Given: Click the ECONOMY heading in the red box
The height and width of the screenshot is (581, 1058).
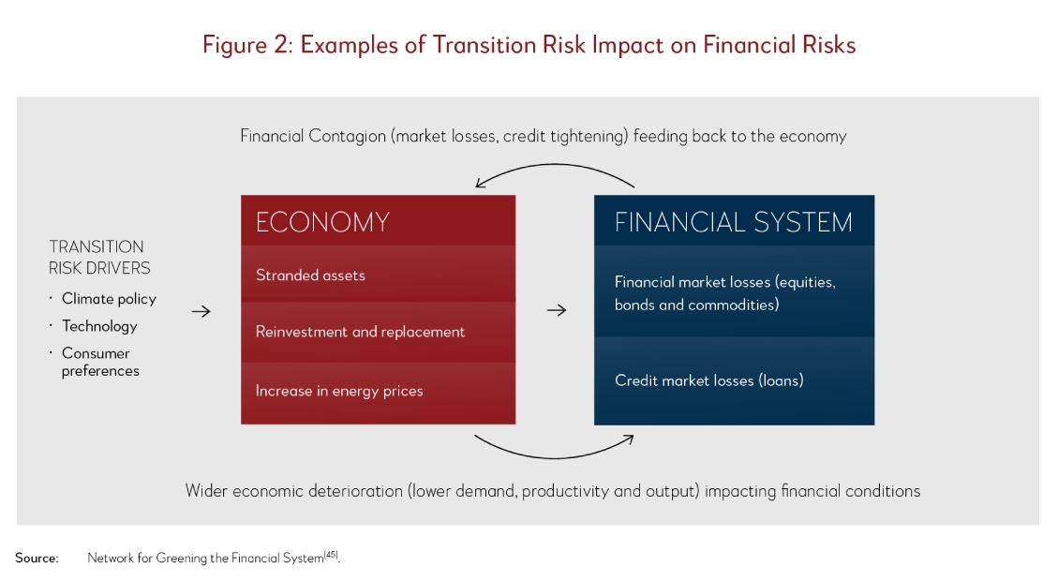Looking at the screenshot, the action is coord(322,222).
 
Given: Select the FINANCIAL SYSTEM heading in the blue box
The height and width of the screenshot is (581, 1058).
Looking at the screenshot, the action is coord(734,222).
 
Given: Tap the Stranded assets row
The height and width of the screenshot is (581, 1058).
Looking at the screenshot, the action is coord(378,274).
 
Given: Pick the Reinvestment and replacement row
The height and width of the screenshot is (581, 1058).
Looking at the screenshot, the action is coord(378,332).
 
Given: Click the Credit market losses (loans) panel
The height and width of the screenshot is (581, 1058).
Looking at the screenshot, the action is coord(734,380).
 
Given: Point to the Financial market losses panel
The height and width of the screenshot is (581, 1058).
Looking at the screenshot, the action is coord(734,291).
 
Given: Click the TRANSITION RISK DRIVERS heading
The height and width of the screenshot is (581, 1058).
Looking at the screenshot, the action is coord(99,257).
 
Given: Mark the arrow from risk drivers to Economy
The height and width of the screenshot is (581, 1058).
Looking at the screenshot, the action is coord(201,311).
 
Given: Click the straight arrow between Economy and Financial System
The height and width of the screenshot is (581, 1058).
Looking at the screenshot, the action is coord(557,310).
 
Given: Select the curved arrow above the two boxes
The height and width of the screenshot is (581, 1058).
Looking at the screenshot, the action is coord(555,165).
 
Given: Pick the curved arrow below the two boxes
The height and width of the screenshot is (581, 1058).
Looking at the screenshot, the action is coord(555,457).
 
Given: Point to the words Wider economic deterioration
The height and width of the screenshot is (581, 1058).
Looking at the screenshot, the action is coord(293,491).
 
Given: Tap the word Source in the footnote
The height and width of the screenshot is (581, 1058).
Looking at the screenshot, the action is coord(37,559).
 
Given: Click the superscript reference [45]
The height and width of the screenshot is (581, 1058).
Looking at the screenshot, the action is coord(331,555).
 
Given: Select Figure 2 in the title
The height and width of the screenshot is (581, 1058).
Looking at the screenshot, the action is coord(247,45).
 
